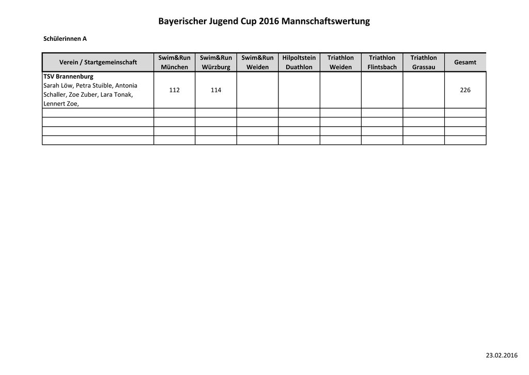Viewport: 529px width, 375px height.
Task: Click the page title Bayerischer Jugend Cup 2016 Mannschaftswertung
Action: (x=264, y=22)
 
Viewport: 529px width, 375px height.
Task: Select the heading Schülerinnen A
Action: (x=65, y=38)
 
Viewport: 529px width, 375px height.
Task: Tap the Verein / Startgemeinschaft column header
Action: (x=98, y=62)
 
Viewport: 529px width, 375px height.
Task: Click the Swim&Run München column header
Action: (x=175, y=62)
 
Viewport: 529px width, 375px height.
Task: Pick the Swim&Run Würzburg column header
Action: (x=216, y=62)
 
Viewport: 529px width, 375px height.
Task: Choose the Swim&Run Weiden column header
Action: (x=257, y=62)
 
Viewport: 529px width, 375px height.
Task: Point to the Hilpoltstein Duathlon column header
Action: (x=299, y=62)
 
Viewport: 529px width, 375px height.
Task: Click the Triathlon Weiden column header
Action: (x=340, y=62)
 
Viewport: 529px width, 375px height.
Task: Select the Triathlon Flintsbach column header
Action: (x=382, y=62)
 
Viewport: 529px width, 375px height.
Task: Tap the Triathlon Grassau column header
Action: (x=424, y=62)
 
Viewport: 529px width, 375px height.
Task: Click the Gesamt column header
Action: (x=465, y=62)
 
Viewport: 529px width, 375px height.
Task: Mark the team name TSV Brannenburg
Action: (x=68, y=77)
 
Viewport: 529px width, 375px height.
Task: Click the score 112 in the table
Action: (x=175, y=90)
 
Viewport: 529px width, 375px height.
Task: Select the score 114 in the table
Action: (x=216, y=90)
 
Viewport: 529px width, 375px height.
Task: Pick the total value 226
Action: (x=465, y=90)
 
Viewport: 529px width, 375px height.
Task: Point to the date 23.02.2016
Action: (x=501, y=355)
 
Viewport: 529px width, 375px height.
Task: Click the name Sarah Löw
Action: (x=58, y=85)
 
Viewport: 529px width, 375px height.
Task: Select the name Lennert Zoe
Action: (x=60, y=104)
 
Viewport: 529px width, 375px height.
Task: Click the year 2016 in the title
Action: (x=269, y=22)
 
